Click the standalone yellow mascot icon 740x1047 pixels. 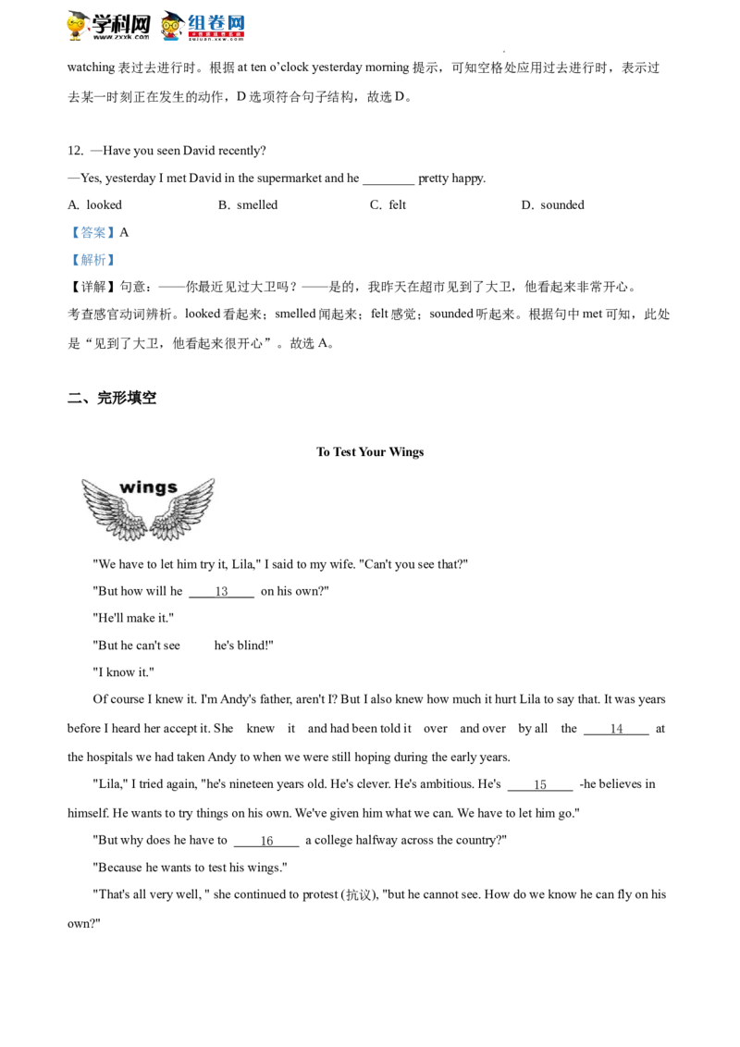click(80, 26)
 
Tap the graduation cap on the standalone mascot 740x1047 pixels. click(77, 14)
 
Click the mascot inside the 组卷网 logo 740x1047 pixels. click(171, 26)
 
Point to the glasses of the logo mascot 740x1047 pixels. click(171, 24)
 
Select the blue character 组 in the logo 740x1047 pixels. click(197, 21)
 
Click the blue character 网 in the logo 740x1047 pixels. click(237, 21)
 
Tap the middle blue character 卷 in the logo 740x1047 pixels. click(217, 21)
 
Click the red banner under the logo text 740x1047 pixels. click(217, 35)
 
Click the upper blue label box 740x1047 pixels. click(92, 232)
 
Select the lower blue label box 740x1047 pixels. click(92, 260)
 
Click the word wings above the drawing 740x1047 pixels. click(148, 487)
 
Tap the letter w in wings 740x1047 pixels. click(128, 487)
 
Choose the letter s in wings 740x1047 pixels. click(172, 488)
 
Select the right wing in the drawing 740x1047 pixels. click(183, 511)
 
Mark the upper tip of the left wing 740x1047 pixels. click(84, 482)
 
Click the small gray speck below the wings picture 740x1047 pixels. click(263, 565)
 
